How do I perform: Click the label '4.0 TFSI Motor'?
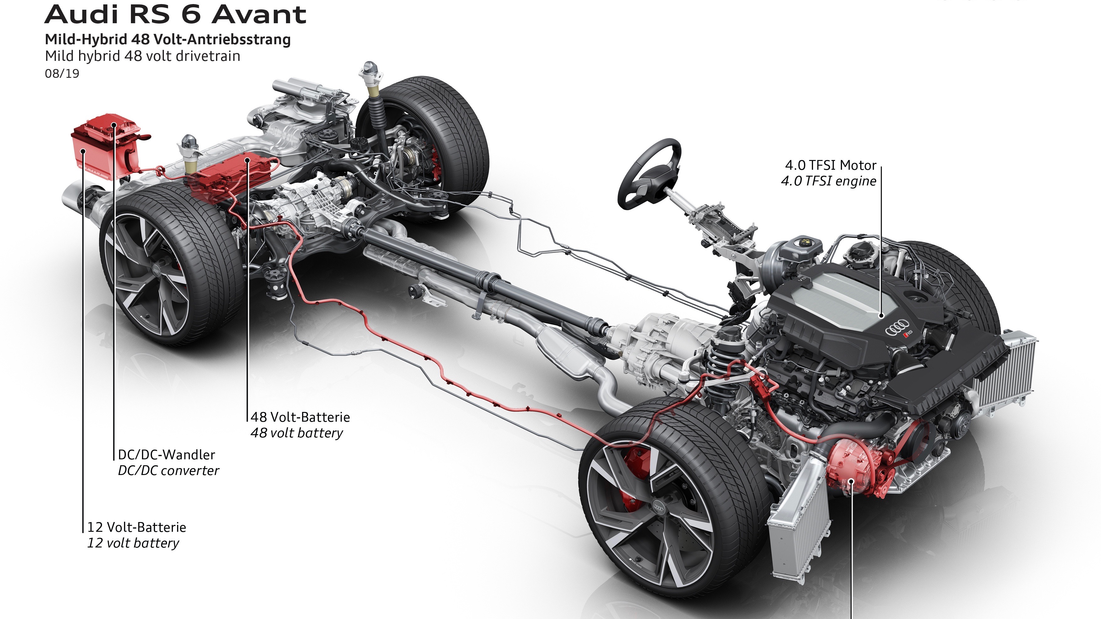click(830, 165)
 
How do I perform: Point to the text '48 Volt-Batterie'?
click(300, 417)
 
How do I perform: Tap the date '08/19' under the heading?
click(62, 73)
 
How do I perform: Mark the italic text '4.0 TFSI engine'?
click(828, 181)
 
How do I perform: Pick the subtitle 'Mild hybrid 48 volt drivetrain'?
click(142, 56)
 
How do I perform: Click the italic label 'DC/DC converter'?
click(168, 470)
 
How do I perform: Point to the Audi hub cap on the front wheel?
click(659, 508)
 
